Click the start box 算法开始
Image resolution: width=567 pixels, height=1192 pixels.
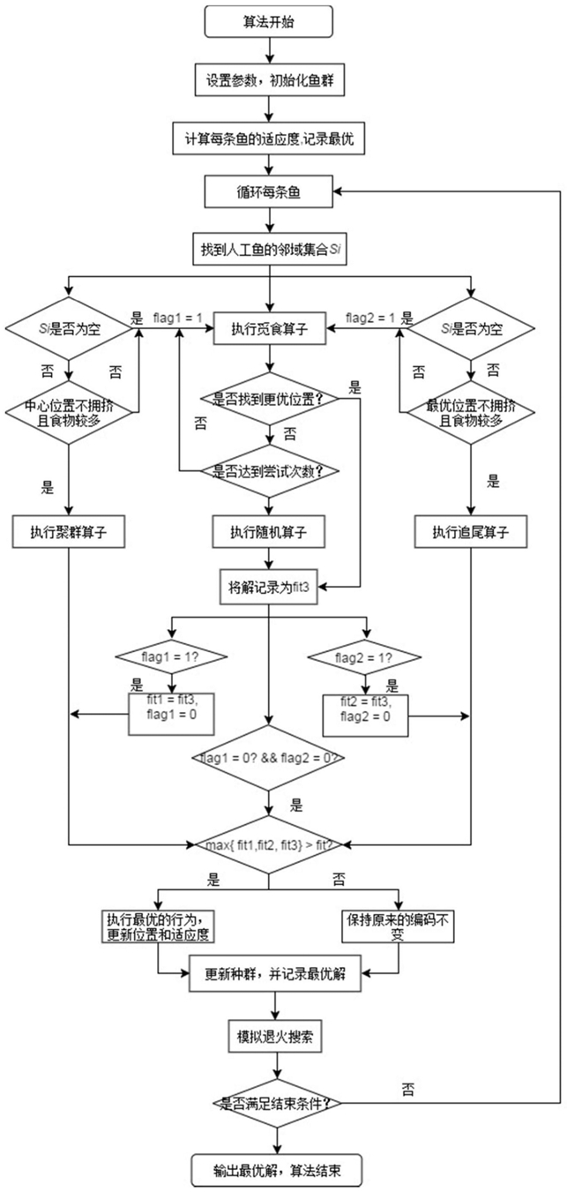pyautogui.click(x=269, y=22)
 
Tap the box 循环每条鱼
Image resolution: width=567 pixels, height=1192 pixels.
pyautogui.click(x=269, y=191)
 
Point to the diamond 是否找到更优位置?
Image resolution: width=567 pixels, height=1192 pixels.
pyautogui.click(x=269, y=399)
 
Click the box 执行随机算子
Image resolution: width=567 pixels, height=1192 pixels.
pyautogui.click(x=269, y=531)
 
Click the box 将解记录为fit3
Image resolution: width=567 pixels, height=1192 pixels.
pyautogui.click(x=269, y=586)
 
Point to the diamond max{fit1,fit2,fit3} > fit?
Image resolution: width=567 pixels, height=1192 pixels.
pyautogui.click(x=269, y=845)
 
